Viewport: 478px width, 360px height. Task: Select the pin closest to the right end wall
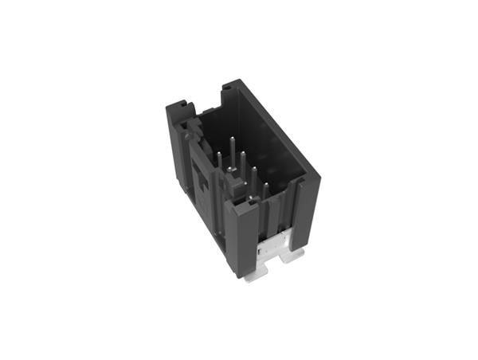click(x=267, y=194)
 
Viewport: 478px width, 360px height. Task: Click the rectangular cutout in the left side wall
click(x=202, y=183)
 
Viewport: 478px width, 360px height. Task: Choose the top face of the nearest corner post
click(x=241, y=204)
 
